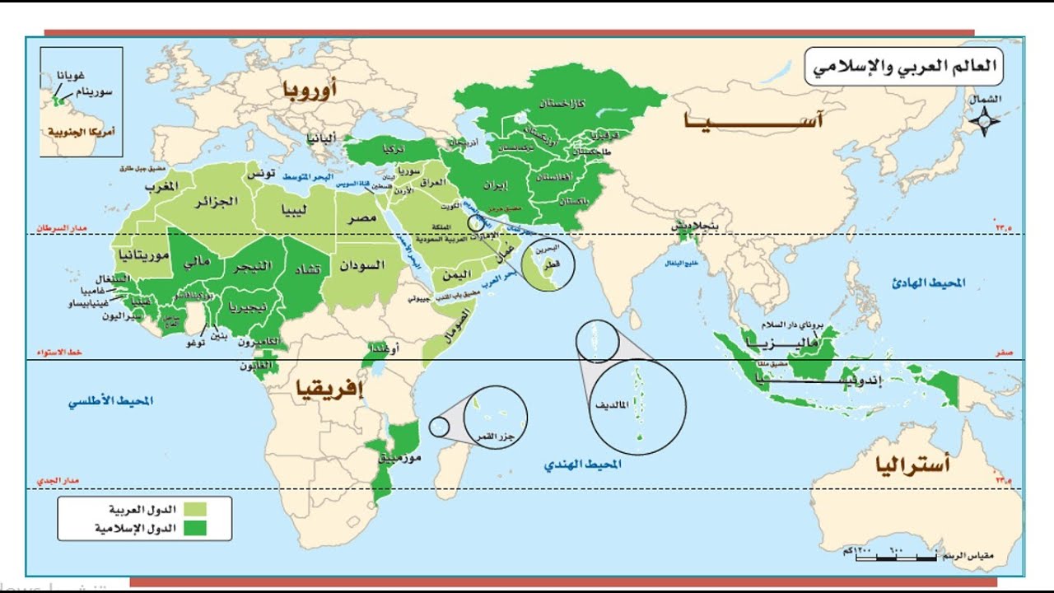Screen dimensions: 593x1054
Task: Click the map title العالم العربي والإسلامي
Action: [903, 67]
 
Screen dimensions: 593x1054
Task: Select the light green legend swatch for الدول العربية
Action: [194, 509]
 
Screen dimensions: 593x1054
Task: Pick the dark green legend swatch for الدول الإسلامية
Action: [194, 528]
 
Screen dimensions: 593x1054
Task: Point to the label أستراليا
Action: [914, 465]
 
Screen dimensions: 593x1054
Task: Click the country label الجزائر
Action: [217, 201]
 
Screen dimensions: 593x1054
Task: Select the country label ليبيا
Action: [296, 210]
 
